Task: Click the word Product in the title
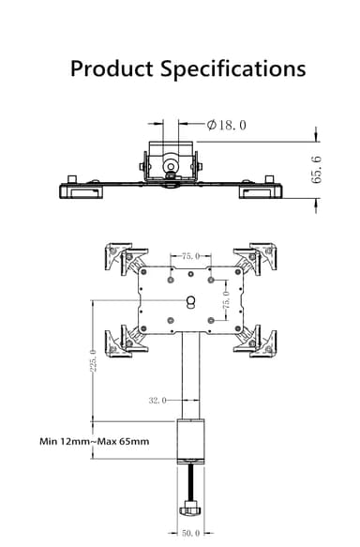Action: (x=112, y=68)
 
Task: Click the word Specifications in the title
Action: (x=232, y=69)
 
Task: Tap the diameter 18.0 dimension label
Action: (x=226, y=125)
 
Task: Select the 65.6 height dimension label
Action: (x=316, y=170)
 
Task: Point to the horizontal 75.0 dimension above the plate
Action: (x=190, y=256)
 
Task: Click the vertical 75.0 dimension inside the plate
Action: (x=227, y=300)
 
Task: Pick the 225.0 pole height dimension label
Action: (x=93, y=360)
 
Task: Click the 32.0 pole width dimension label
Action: (x=157, y=401)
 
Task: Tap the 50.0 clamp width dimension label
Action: (x=190, y=533)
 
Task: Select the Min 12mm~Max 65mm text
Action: (x=95, y=441)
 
